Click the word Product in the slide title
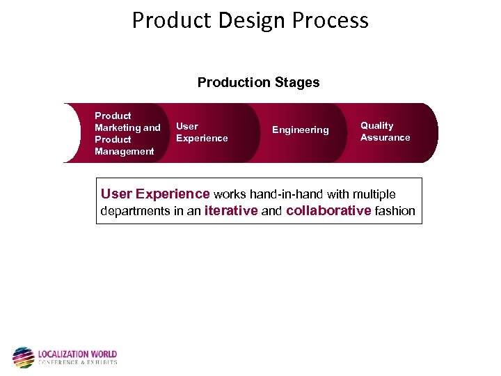[166, 20]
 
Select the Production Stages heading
[258, 82]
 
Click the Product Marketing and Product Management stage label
[127, 133]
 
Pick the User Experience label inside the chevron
[202, 132]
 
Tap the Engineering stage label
[300, 130]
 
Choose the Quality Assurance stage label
[385, 132]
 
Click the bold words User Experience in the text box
[155, 194]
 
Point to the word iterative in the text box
[231, 210]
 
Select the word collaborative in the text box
[328, 210]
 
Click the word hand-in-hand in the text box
[283, 194]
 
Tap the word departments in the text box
[136, 211]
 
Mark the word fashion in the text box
[395, 210]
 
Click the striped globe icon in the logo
[23, 357]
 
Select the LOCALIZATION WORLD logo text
[77, 354]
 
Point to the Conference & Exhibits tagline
[77, 362]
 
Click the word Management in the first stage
[124, 151]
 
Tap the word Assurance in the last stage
[385, 138]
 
